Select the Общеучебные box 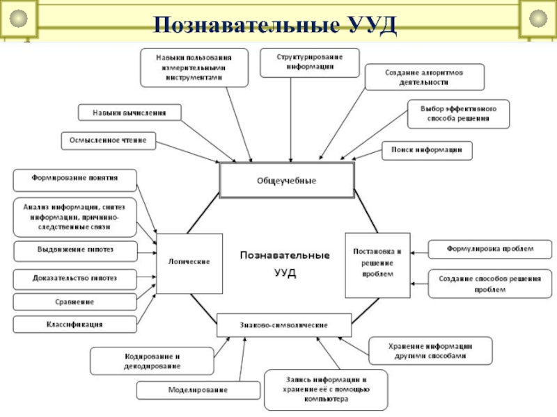pos(287,181)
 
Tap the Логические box pos(189,261)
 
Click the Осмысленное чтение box pos(108,140)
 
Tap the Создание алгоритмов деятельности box pos(423,76)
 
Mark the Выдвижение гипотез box pos(74,249)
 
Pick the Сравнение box pos(74,302)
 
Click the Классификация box pos(74,324)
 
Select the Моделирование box pos(198,391)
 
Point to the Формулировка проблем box pos(489,248)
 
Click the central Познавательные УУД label pos(285,263)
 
